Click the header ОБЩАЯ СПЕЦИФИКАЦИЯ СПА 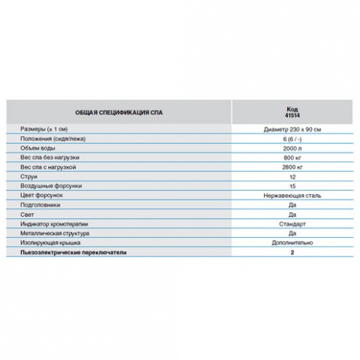(x=119, y=113)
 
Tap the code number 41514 (x=292, y=116)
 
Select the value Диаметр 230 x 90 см (x=292, y=129)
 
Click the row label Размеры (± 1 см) (x=44, y=129)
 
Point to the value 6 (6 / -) (x=292, y=139)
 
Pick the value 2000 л (x=292, y=148)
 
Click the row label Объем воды (x=38, y=148)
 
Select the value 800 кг (x=292, y=158)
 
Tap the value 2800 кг (x=292, y=167)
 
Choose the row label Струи (x=29, y=177)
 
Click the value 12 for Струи (x=292, y=177)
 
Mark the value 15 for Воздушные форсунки (x=292, y=186)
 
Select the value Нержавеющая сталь (x=292, y=196)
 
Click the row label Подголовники (x=40, y=205)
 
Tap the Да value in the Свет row (x=292, y=215)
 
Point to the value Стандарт (x=292, y=224)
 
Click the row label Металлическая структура (x=55, y=233)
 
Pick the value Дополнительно (x=292, y=243)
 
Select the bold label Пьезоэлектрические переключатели (x=73, y=252)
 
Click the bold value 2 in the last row (x=292, y=252)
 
